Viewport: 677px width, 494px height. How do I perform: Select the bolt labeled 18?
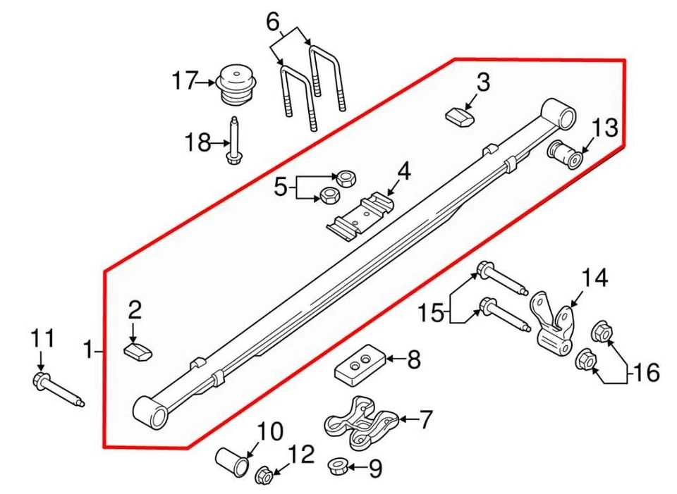click(x=233, y=141)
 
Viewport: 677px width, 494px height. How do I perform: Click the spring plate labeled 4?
click(x=361, y=216)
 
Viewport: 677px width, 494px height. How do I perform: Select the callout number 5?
click(x=281, y=187)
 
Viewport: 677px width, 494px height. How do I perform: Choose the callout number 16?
click(x=646, y=371)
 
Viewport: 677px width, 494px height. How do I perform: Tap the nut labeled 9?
click(x=337, y=466)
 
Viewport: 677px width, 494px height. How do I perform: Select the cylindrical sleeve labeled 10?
click(x=233, y=461)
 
